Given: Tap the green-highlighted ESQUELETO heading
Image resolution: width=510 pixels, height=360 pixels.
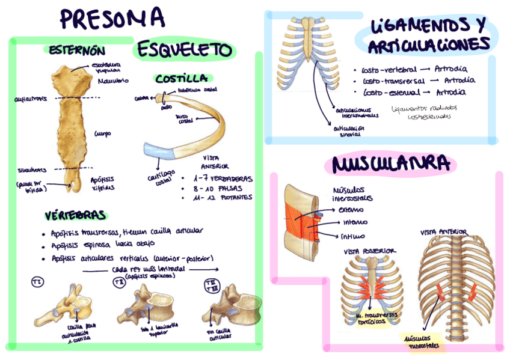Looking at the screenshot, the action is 185,50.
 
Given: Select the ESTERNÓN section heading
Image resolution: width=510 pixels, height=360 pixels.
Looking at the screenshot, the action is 78,50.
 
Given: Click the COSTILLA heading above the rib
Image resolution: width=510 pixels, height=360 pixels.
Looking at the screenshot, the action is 181,79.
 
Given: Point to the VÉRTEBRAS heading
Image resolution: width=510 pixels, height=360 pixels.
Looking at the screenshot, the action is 75,215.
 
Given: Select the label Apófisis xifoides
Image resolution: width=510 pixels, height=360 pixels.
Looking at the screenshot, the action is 102,183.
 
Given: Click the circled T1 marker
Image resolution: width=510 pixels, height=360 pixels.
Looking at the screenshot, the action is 38,281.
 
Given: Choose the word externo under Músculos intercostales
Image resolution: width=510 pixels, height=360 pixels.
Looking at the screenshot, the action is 351,210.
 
